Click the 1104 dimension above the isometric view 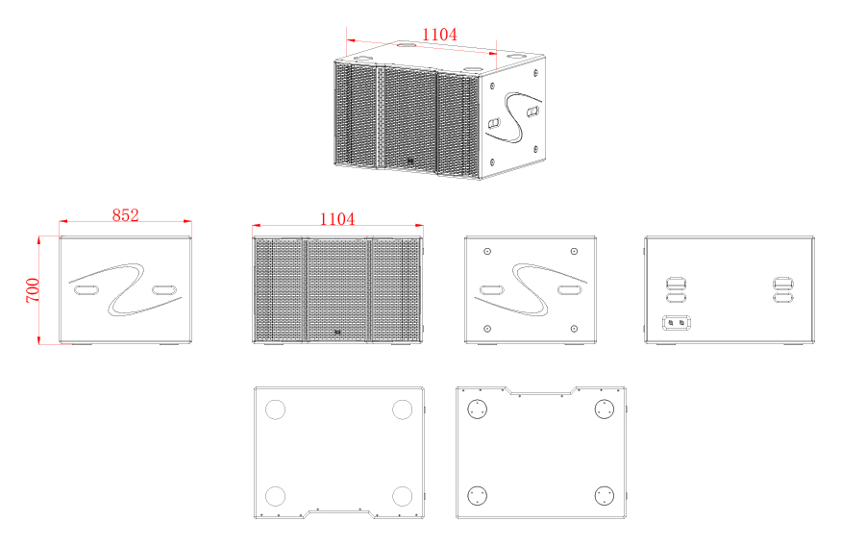[439, 35]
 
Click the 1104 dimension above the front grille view [336, 219]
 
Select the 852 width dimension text [126, 215]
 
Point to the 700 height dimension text [33, 290]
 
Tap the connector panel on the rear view [677, 323]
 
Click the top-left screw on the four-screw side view [487, 251]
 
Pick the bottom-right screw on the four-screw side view [574, 328]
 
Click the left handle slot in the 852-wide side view [87, 290]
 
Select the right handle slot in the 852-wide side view [164, 290]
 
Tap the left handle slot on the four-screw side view [492, 290]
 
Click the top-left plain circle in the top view [275, 409]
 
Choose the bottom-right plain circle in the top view [402, 496]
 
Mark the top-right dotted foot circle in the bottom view [605, 409]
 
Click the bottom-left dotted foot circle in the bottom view [478, 495]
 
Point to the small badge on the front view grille [337, 333]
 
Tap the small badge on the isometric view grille [409, 160]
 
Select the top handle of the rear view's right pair [782, 283]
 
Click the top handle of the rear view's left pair [676, 283]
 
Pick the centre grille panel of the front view [337, 289]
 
